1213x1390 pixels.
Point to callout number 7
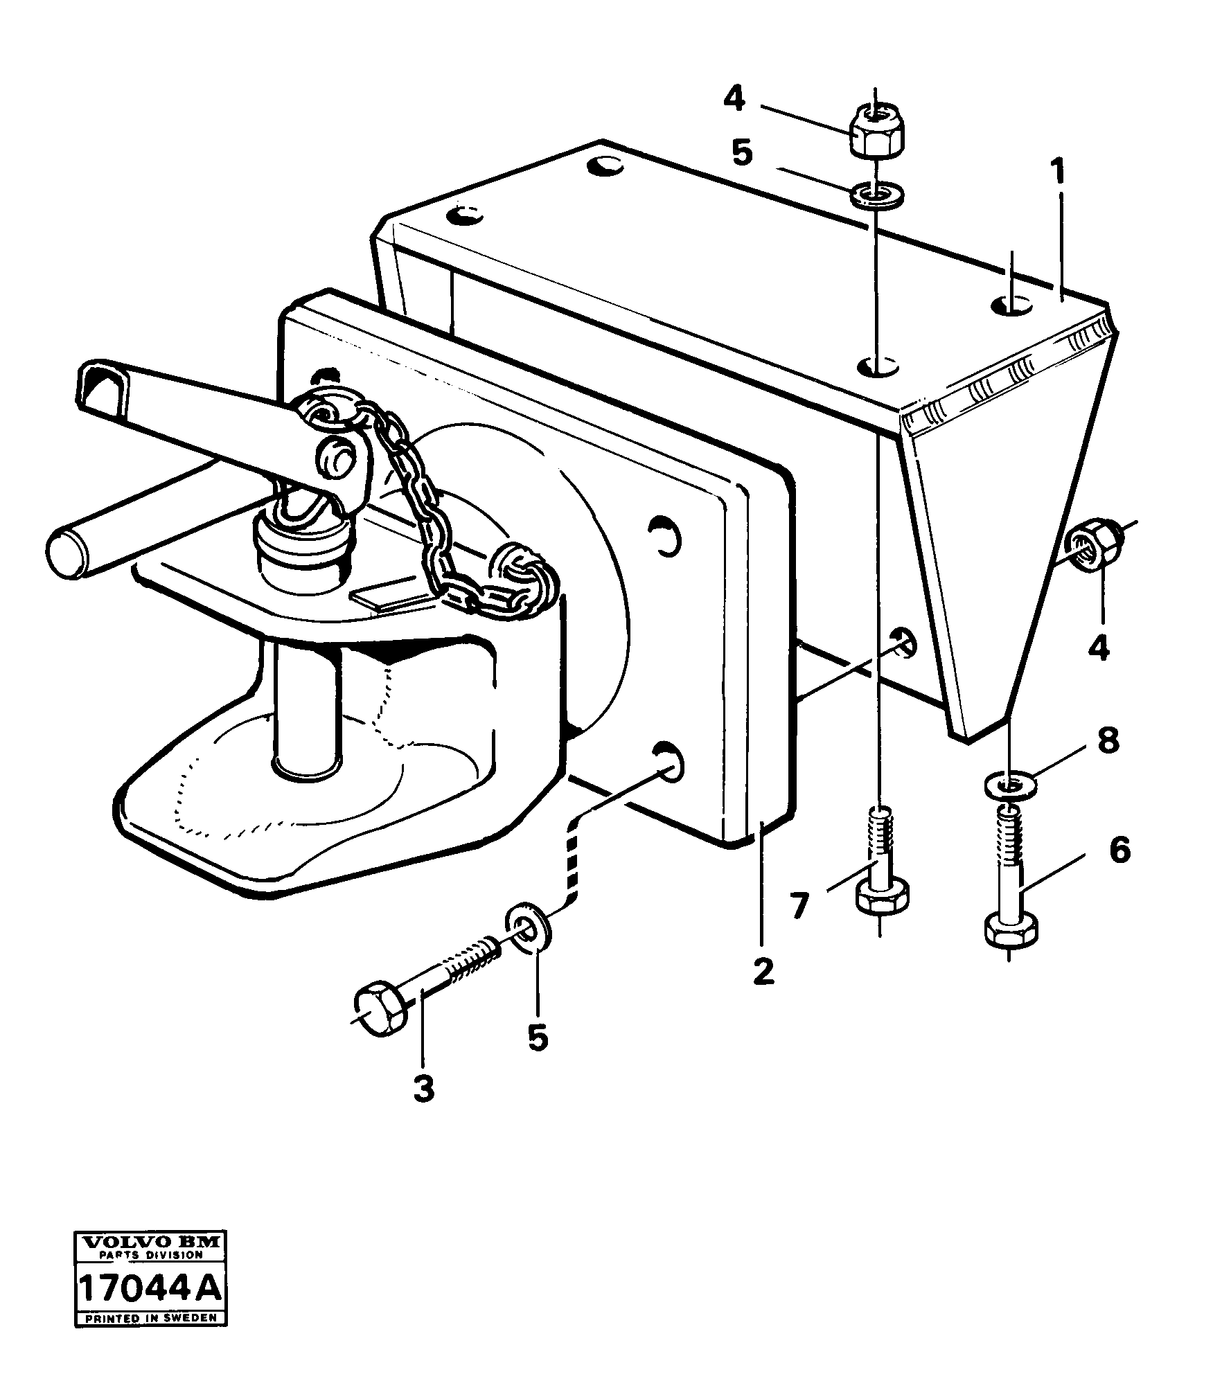point(800,906)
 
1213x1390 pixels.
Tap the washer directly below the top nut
point(876,195)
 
